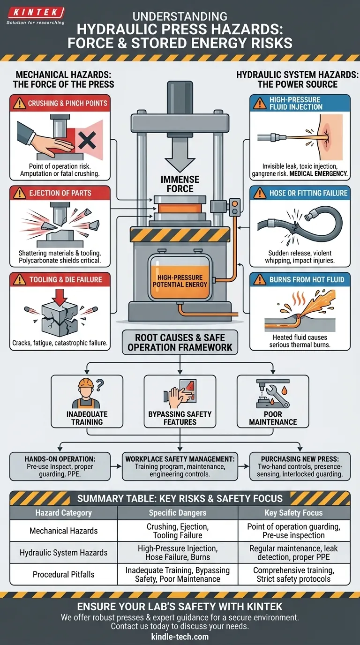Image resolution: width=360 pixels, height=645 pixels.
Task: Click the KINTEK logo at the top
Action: pos(35,13)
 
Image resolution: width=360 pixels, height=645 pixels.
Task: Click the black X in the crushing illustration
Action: pos(87,140)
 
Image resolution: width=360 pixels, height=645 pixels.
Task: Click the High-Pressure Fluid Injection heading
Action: pos(295,103)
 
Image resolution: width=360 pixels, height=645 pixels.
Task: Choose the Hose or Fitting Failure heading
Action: pos(308,193)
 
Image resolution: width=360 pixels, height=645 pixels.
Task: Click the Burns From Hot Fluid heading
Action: pos(307,280)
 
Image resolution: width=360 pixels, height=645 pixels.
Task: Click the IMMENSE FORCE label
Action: pos(180,184)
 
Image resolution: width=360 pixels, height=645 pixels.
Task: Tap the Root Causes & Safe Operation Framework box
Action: pos(180,342)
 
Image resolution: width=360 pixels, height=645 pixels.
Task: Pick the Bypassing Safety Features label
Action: pos(180,418)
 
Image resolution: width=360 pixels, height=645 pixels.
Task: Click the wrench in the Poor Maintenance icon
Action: pos(277,399)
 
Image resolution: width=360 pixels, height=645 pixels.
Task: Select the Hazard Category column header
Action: pos(63,513)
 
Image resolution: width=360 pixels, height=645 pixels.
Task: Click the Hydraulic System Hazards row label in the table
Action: pos(63,553)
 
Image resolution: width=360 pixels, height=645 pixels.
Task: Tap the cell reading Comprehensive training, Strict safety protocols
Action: pos(294,575)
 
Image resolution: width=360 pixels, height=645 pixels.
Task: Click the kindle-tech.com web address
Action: pos(180,637)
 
